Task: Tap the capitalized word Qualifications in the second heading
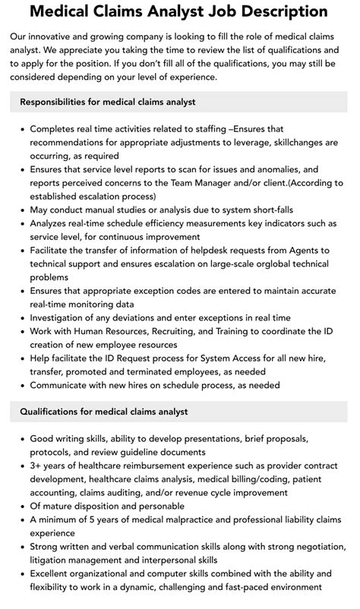[x=52, y=412]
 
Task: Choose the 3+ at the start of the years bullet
[x=36, y=466]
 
